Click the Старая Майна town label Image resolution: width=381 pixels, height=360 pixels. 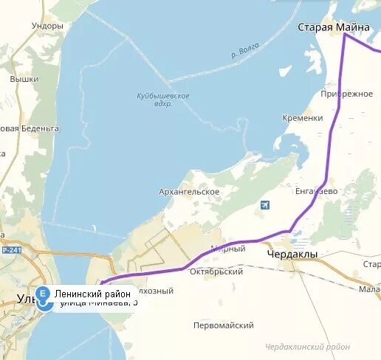click(x=333, y=27)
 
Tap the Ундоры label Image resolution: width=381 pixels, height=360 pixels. click(x=48, y=26)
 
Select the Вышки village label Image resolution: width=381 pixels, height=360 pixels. click(x=24, y=79)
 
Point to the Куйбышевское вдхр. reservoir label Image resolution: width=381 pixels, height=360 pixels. click(x=163, y=100)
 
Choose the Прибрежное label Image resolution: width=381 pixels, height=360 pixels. click(x=347, y=94)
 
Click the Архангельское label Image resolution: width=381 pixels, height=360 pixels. click(x=189, y=192)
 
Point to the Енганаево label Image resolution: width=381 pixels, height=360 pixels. click(x=316, y=191)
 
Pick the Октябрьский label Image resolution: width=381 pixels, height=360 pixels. click(x=218, y=271)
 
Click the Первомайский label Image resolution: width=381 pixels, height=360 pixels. click(x=223, y=325)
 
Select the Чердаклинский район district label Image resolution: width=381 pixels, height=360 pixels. click(x=308, y=346)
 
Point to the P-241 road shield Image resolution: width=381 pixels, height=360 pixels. click(x=10, y=251)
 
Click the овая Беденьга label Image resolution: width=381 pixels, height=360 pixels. click(x=30, y=128)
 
